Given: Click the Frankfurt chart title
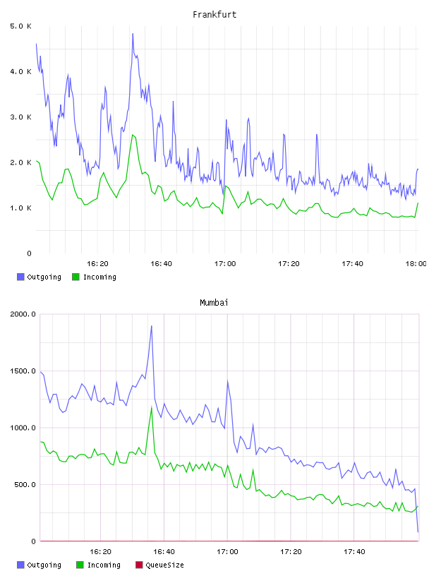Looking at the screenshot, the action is click(214, 15).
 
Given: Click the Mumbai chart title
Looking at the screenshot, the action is click(214, 303).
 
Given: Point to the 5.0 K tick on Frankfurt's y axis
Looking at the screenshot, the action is click(21, 26).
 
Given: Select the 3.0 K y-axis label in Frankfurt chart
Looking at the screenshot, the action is click(21, 117).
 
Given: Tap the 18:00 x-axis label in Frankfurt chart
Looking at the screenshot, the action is click(416, 264).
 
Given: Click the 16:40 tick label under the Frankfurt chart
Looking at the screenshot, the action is click(162, 264).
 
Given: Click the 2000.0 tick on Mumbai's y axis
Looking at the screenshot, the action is click(23, 314).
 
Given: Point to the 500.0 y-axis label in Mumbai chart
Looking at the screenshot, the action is click(25, 484).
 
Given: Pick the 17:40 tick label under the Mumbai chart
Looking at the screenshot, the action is click(354, 552).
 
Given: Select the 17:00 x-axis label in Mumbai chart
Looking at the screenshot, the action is click(227, 552).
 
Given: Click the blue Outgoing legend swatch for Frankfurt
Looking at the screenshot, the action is click(20, 277).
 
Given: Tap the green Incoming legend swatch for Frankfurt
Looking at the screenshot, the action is click(75, 277).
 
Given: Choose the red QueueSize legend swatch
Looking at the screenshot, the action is click(139, 565).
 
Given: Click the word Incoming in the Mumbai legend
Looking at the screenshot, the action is click(104, 565).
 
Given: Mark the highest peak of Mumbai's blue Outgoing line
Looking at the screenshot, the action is click(151, 326).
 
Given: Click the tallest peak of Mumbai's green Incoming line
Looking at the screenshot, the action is click(151, 407).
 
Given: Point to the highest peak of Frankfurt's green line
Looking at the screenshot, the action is click(132, 135).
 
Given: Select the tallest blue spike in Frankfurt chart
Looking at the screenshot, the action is click(133, 34).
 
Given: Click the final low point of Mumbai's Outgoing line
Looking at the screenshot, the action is click(418, 532).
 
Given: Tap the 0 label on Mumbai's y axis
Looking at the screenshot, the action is click(33, 541).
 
